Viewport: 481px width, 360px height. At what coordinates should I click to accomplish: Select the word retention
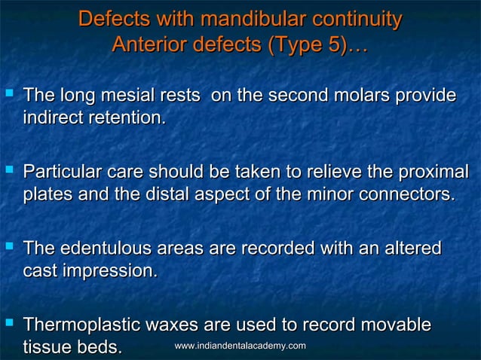125,118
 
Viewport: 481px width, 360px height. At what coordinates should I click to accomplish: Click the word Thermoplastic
78,325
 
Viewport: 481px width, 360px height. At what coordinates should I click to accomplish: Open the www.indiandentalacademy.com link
240,346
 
